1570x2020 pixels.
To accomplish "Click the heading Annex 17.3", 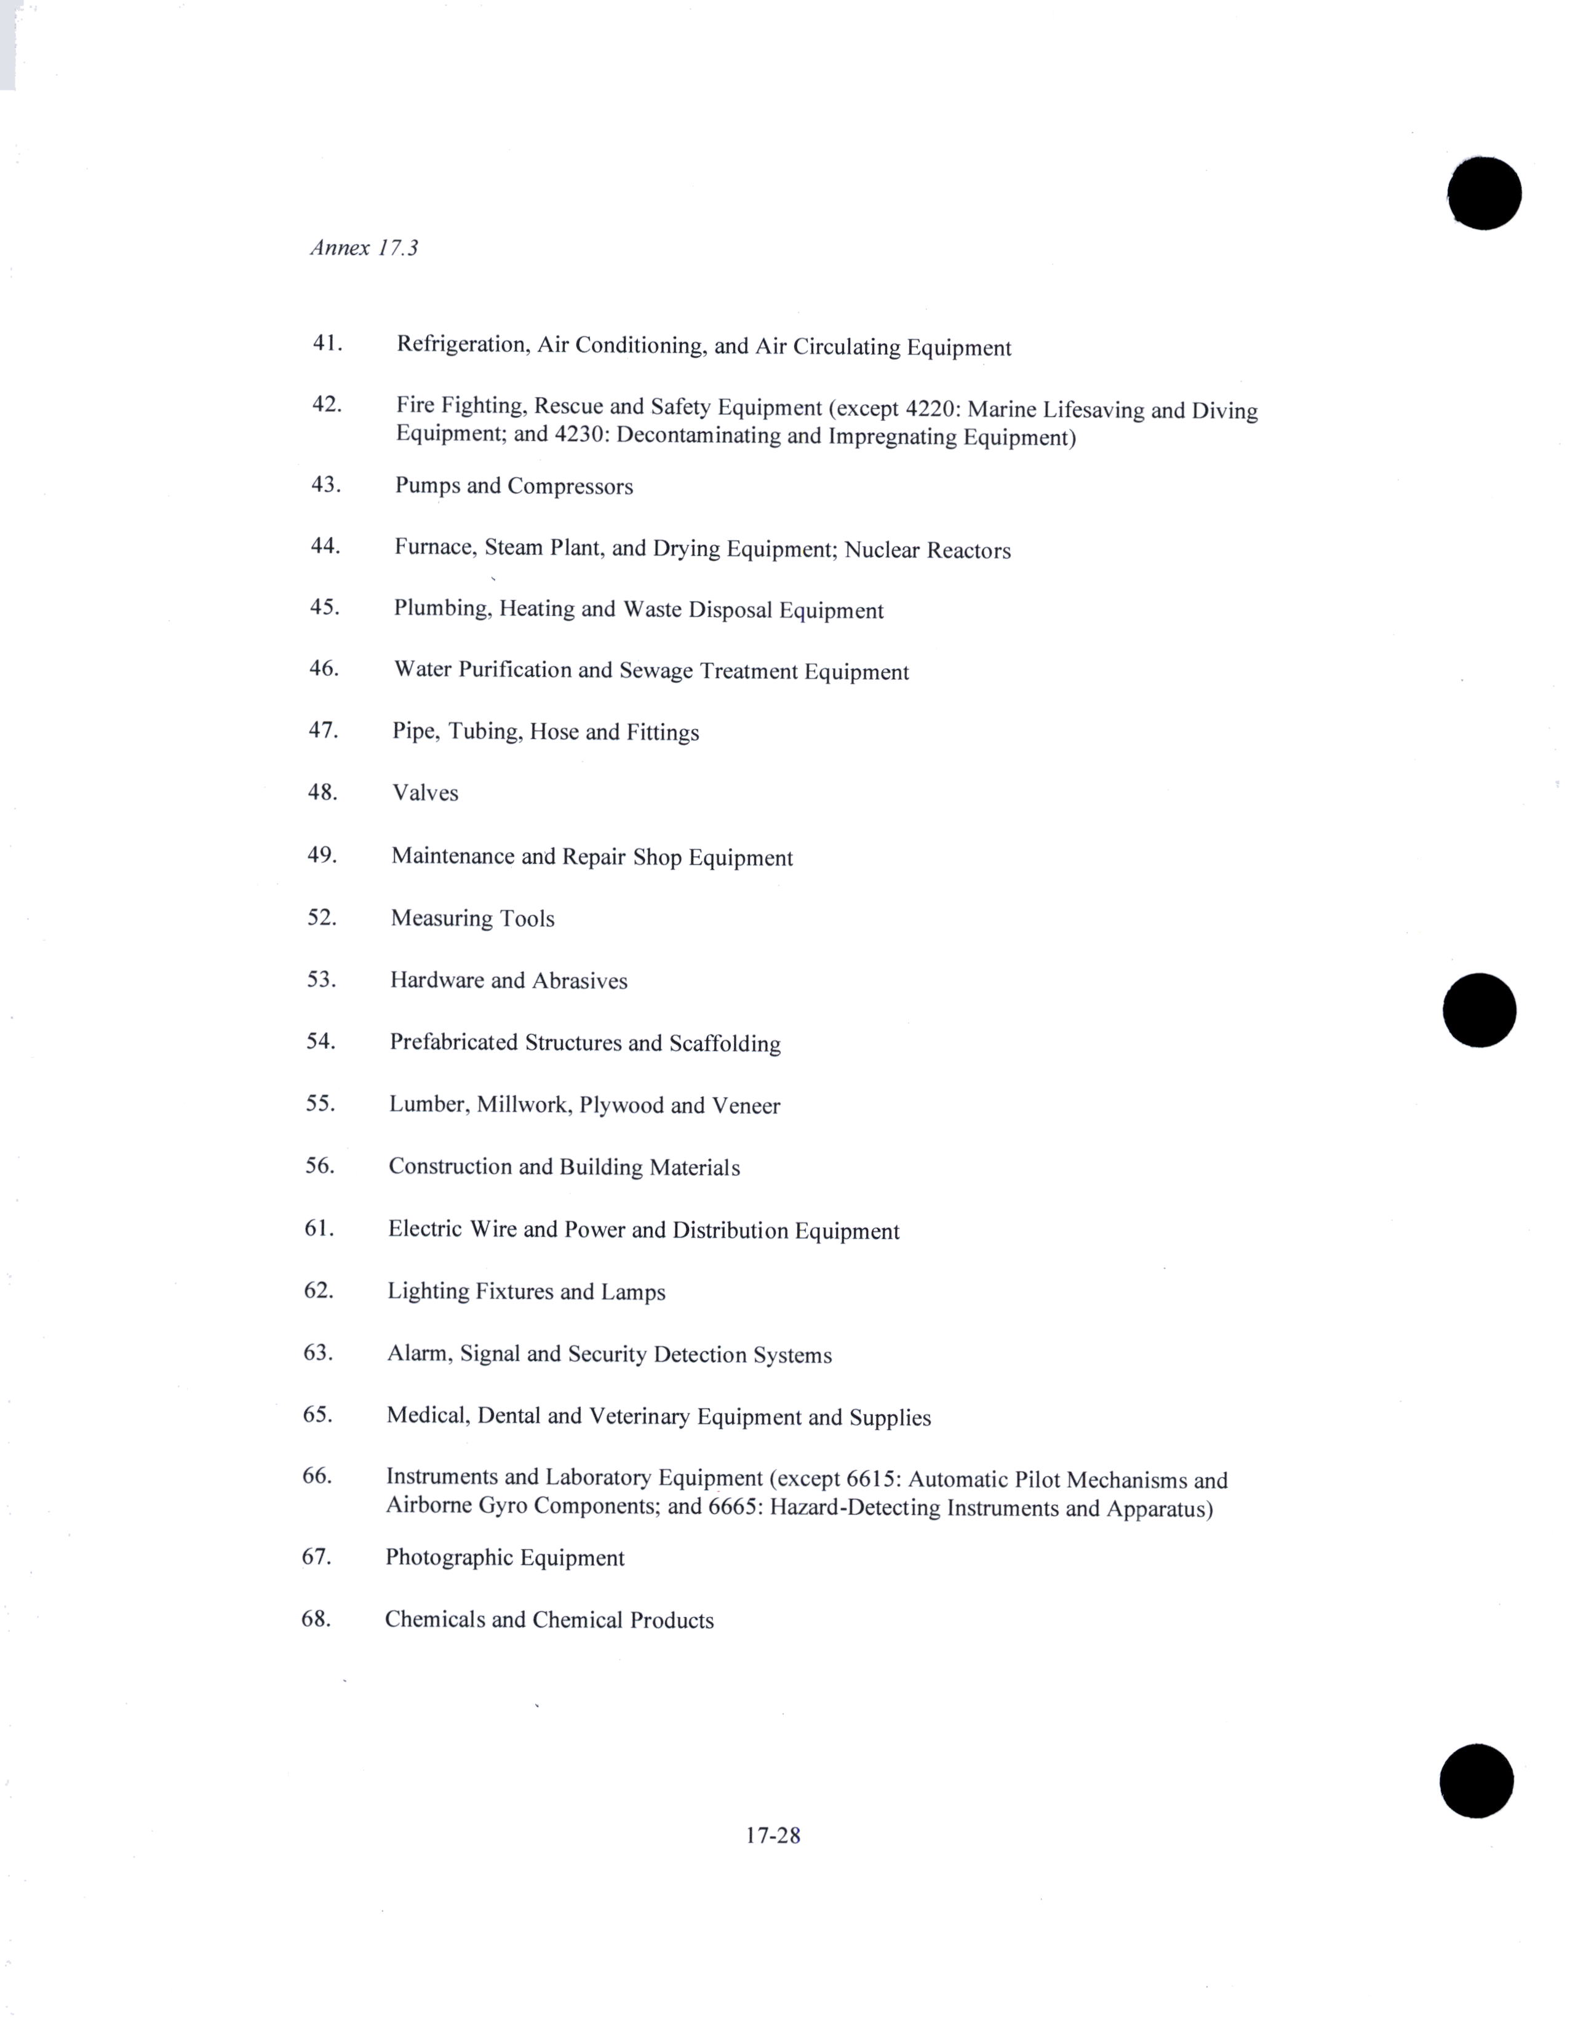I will click(x=364, y=248).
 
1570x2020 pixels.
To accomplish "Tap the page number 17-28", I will click(x=773, y=1835).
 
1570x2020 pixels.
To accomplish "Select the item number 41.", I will click(x=327, y=343).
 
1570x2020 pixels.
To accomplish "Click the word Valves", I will click(x=424, y=793).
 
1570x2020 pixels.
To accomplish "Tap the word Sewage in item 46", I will click(x=656, y=670).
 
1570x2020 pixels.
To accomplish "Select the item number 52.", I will click(x=321, y=918).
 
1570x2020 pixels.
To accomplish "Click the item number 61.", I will click(x=318, y=1228).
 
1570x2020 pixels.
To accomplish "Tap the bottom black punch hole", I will click(x=1476, y=1781).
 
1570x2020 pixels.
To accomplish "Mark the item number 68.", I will click(x=316, y=1618).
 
